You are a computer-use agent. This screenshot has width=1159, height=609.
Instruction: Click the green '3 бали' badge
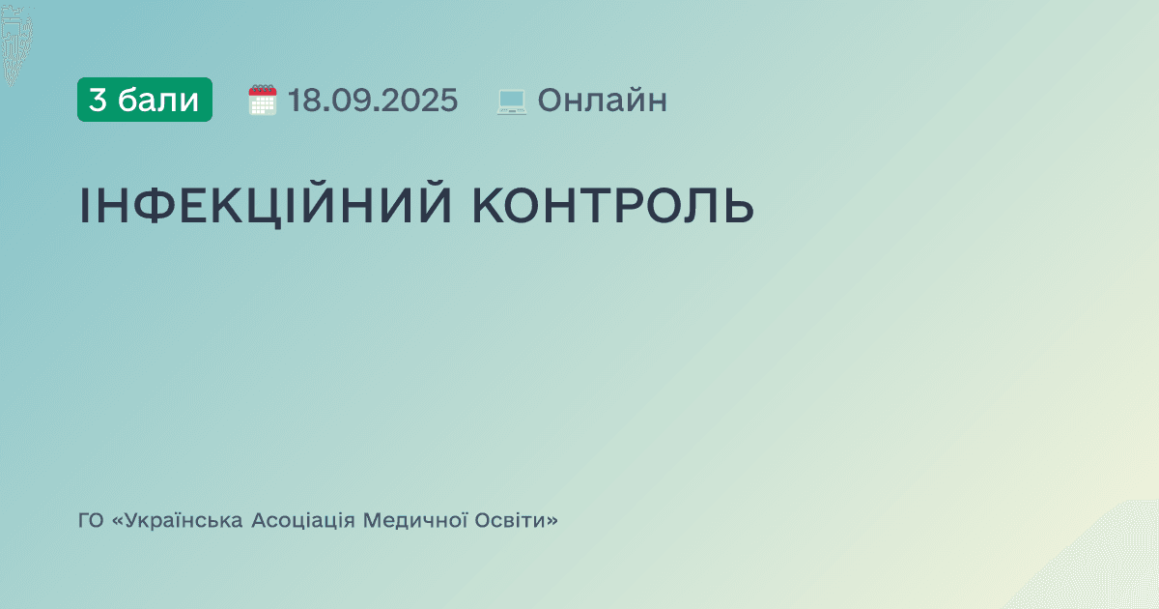click(x=145, y=100)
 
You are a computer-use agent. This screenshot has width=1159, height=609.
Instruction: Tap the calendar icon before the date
click(x=263, y=100)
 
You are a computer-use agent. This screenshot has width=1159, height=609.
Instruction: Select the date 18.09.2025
click(x=373, y=100)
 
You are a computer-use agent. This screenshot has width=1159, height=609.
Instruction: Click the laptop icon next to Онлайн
click(x=511, y=101)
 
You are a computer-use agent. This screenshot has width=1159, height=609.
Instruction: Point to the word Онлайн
click(x=602, y=100)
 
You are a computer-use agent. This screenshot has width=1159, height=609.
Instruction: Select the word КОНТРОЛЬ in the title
click(x=613, y=205)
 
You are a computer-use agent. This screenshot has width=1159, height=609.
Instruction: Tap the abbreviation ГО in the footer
click(x=91, y=521)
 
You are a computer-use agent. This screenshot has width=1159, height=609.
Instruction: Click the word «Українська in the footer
click(x=178, y=521)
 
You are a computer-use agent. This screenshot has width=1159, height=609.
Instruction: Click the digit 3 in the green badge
click(x=98, y=100)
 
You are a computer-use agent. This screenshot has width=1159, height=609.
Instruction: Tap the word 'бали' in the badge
click(x=158, y=100)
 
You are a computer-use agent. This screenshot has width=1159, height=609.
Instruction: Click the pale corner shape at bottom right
click(x=1111, y=570)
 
